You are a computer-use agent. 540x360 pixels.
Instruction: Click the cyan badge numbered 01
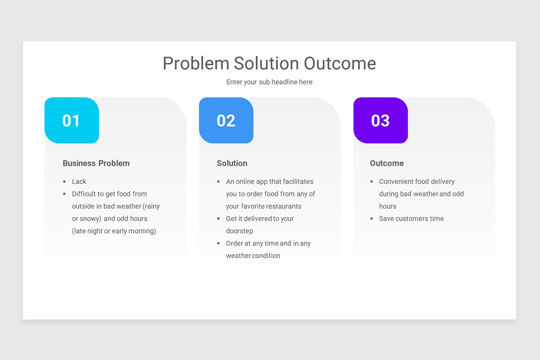(x=72, y=121)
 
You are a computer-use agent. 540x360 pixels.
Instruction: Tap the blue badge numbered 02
(x=226, y=121)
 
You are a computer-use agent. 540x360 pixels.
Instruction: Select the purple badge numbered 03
(x=380, y=121)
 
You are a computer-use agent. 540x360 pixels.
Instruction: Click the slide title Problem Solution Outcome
(x=269, y=63)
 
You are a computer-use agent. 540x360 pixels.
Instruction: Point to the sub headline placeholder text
(x=269, y=82)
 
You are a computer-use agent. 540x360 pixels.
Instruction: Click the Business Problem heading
(x=96, y=163)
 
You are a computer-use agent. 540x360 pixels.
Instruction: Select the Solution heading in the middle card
(x=232, y=163)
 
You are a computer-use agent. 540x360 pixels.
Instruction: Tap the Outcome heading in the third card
(x=387, y=163)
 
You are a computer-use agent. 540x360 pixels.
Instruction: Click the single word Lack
(x=79, y=182)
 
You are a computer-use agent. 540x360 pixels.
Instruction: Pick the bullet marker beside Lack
(x=64, y=182)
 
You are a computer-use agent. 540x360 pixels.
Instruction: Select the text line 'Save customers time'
(x=411, y=219)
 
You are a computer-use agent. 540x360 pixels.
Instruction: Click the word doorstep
(x=239, y=231)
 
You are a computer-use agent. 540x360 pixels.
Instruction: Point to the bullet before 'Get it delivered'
(x=219, y=219)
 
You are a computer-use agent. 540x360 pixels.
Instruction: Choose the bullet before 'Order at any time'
(x=219, y=243)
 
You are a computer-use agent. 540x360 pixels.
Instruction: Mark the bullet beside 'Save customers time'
(x=372, y=219)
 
